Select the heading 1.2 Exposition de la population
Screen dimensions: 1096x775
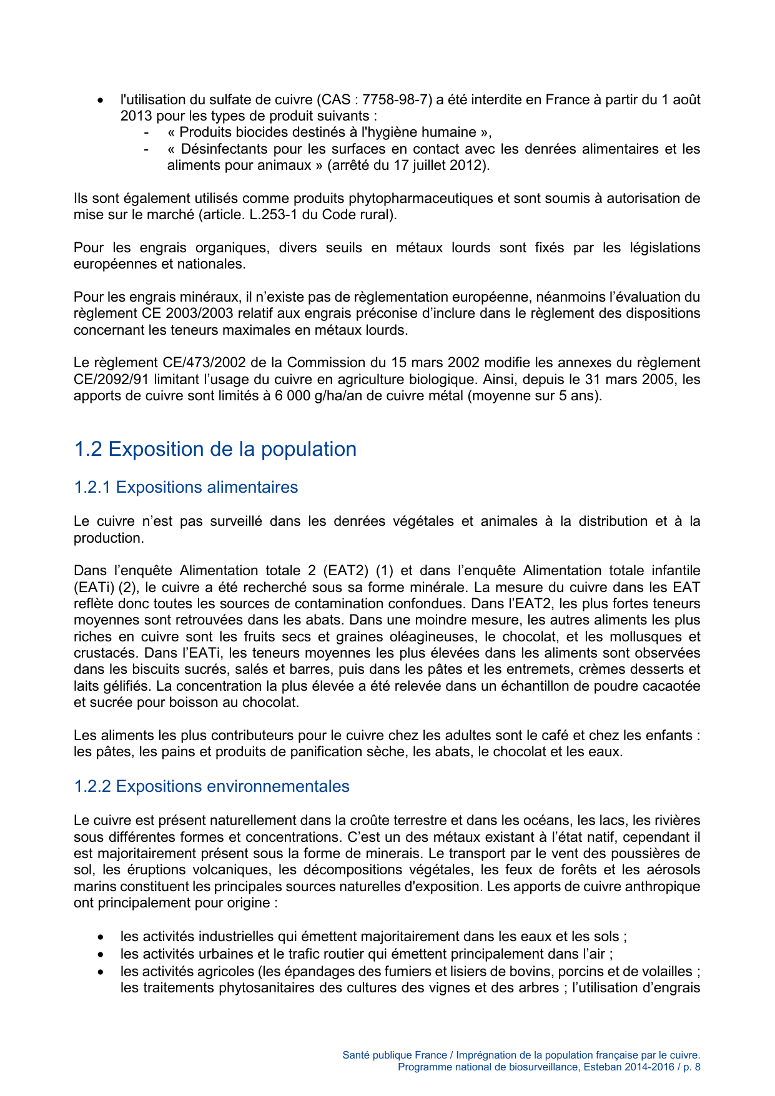click(x=215, y=449)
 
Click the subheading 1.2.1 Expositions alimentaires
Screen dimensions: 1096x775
click(x=185, y=487)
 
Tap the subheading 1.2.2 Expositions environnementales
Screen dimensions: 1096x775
click(x=211, y=786)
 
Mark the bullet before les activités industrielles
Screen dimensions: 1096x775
click(x=101, y=937)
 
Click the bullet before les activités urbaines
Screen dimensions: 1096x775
click(x=101, y=954)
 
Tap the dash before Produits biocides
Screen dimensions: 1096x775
click(x=146, y=132)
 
